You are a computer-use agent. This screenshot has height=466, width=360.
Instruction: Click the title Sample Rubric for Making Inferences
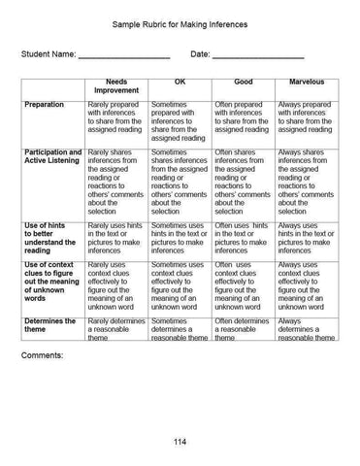[180, 20]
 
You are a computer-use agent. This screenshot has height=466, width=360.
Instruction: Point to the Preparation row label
[45, 104]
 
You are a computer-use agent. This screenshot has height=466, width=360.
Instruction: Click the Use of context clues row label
[52, 283]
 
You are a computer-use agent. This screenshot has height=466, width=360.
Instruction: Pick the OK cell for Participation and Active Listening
[179, 182]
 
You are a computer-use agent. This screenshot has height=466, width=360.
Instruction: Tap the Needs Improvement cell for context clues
[116, 287]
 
